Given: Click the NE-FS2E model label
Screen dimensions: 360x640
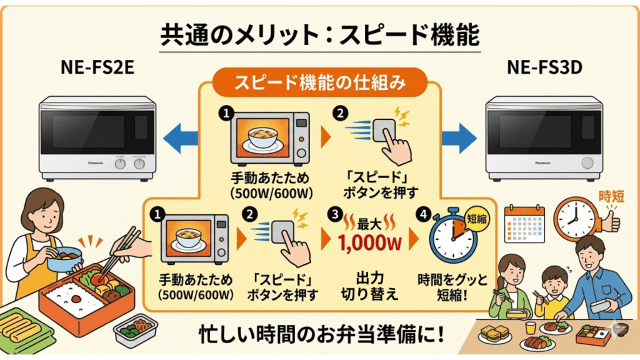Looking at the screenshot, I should (x=99, y=67).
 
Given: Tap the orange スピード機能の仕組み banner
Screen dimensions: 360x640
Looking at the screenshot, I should (x=320, y=82).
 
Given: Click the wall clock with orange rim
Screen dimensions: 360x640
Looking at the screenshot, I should (x=575, y=219).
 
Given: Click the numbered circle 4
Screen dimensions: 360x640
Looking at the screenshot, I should (x=425, y=214).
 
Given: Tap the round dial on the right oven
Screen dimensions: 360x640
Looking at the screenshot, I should (x=586, y=162).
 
